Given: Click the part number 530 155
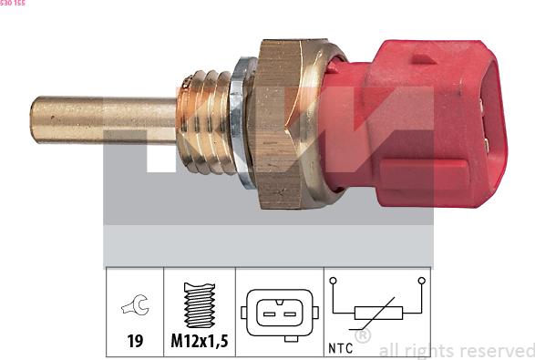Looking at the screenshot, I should click(x=13, y=4).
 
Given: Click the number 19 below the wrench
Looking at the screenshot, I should click(x=134, y=344).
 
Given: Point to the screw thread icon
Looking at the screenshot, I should click(x=199, y=305).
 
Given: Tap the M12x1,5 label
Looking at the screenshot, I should click(x=199, y=344).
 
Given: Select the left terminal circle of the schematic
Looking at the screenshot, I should click(x=334, y=282).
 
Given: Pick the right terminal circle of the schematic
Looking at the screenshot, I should click(x=421, y=282).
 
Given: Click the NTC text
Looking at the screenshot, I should click(x=341, y=346).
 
